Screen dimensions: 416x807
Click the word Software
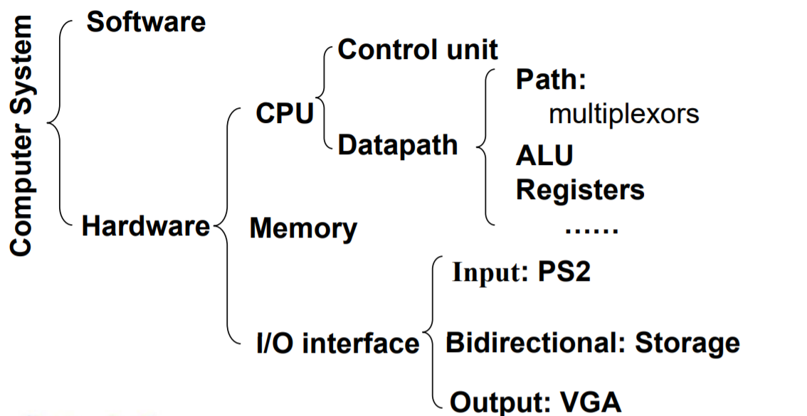tap(146, 21)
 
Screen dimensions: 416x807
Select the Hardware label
tap(145, 226)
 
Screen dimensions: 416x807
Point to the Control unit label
tap(417, 50)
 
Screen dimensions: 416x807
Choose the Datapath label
tap(397, 145)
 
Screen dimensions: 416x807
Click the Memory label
tap(303, 228)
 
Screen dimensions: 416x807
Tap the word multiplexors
tap(623, 114)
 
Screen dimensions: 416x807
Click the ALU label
tap(544, 155)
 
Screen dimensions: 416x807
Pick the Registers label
tap(580, 189)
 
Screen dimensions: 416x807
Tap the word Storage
tap(687, 343)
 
